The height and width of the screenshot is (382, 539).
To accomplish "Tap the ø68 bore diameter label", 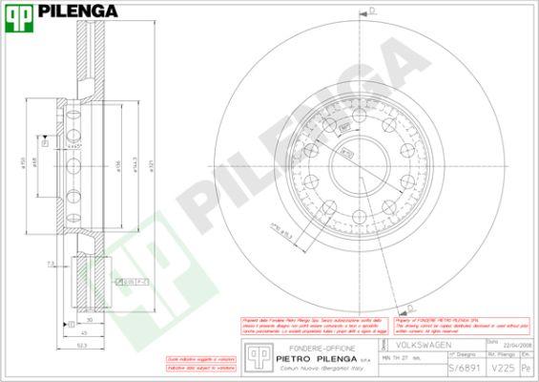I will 36,163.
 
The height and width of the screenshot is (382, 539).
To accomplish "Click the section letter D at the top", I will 371,10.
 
